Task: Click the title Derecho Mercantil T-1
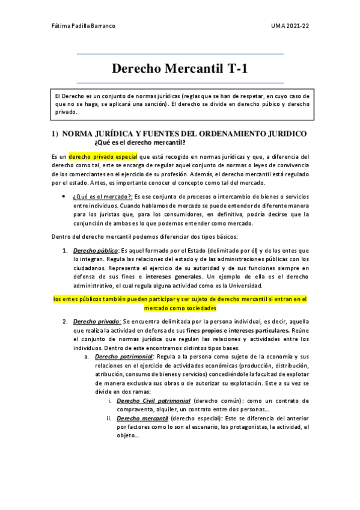pos(180,69)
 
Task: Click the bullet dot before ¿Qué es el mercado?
pos(63,197)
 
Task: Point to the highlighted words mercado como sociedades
pos(180,308)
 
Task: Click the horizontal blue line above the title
pos(180,54)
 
